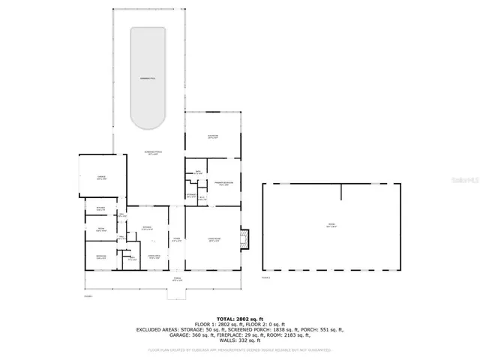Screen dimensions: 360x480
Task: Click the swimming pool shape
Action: [x=148, y=78]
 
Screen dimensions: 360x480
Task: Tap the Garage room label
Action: [x=101, y=178]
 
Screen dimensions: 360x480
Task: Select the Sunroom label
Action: [x=212, y=136]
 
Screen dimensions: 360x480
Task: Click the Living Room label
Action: [x=213, y=240]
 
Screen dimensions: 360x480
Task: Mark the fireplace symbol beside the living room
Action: [x=244, y=238]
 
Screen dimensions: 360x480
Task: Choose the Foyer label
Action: [x=176, y=240]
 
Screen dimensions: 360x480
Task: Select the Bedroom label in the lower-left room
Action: [x=100, y=256]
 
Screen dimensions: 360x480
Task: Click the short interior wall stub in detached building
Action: [x=340, y=193]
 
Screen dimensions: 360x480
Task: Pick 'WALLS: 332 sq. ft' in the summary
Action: [x=239, y=341]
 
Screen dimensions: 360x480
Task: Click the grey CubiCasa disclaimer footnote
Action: [x=239, y=349]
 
